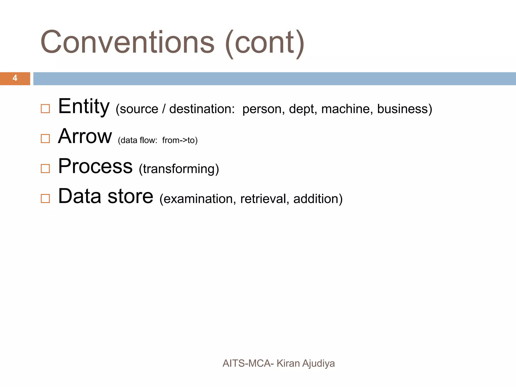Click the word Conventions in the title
click(x=127, y=42)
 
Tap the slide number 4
click(x=15, y=78)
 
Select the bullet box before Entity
click(x=45, y=109)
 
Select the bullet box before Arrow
click(x=45, y=139)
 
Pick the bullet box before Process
click(x=45, y=169)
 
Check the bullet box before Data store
click(x=45, y=199)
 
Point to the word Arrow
click(x=85, y=137)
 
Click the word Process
click(x=95, y=166)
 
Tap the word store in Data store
click(x=130, y=196)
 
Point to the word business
click(x=403, y=109)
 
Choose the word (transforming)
click(x=179, y=169)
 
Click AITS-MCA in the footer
click(x=247, y=363)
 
